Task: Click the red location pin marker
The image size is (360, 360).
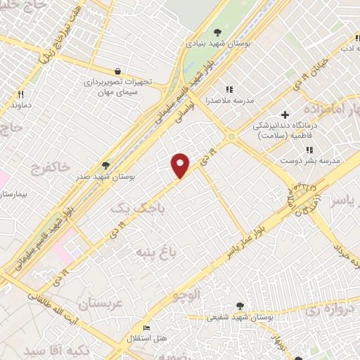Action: coord(181,165)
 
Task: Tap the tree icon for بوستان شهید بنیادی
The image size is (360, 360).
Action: coord(217,32)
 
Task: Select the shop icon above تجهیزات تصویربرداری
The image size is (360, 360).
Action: coord(116,70)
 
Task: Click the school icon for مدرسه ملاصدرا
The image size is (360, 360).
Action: coord(228,89)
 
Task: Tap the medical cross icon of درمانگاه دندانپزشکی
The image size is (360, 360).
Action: coord(285,115)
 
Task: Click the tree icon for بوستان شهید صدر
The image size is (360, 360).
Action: coord(106,165)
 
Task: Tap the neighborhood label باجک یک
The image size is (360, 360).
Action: coord(133,207)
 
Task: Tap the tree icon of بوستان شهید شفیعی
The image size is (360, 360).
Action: coord(241,306)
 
